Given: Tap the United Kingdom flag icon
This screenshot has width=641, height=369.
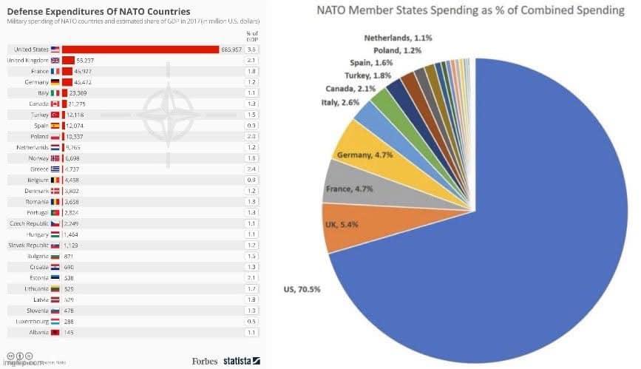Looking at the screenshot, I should click(55, 60).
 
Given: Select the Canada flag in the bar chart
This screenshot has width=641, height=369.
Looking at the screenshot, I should click(55, 104).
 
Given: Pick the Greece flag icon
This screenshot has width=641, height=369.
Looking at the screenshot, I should click(55, 169).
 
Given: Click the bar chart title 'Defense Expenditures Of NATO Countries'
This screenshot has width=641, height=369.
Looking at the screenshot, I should click(98, 11).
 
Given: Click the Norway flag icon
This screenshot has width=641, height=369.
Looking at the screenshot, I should click(55, 158).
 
